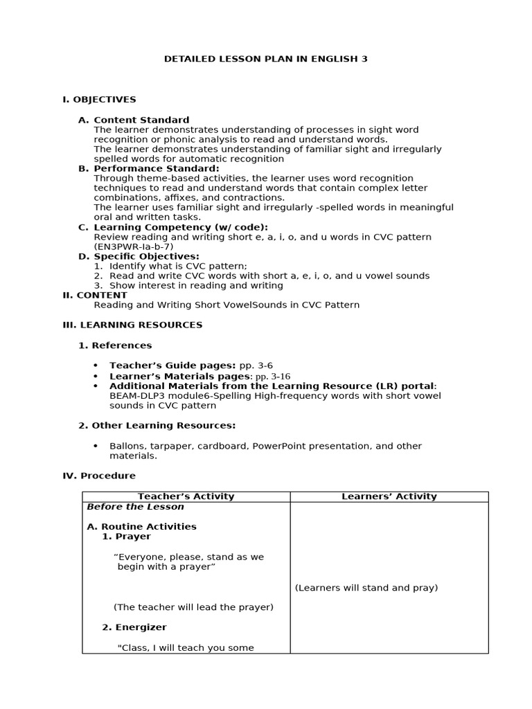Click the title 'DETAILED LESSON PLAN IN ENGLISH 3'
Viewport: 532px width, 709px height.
pos(265,59)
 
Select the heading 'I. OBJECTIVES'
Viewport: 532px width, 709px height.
pos(99,100)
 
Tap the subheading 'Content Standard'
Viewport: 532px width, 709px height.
pos(141,120)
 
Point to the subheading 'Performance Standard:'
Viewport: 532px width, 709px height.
pos(157,168)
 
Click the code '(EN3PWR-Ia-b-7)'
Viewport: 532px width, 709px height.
pos(133,246)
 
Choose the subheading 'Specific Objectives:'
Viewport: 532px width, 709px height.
pos(146,256)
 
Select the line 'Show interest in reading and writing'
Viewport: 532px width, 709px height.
pos(196,285)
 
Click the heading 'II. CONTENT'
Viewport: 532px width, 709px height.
pos(95,295)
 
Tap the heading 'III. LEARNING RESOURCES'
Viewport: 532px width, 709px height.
pos(132,325)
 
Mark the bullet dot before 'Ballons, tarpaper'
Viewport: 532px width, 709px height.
pos(96,447)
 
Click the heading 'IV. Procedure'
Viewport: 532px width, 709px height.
pos(99,476)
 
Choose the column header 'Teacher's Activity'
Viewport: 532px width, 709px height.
pos(186,496)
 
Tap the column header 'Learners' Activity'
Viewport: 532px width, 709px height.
pos(389,496)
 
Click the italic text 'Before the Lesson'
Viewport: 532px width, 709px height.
pos(125,507)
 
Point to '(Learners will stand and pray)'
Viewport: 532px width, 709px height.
pos(366,588)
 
